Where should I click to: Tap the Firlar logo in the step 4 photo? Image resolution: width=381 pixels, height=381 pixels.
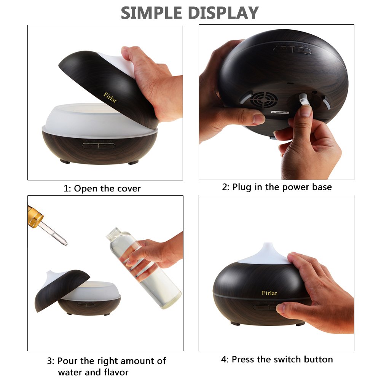point(269,293)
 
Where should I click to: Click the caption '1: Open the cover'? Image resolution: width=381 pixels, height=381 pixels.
point(102,188)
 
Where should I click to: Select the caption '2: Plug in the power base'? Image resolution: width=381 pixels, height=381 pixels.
point(277,187)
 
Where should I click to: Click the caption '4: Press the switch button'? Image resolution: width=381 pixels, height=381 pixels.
point(277,359)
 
